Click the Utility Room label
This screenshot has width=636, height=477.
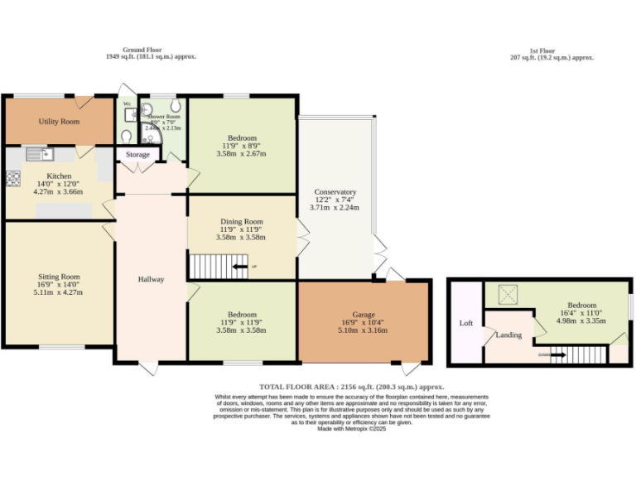coord(58,122)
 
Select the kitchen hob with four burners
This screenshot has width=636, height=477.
coord(13,177)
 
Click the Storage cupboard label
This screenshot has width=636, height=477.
coord(138,155)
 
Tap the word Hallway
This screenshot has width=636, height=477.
coord(151,279)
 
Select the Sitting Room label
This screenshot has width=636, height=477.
coord(59,277)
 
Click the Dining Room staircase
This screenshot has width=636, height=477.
coord(217,267)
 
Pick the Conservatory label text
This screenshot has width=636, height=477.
coord(335,192)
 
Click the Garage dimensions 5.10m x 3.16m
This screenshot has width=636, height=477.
coord(364,330)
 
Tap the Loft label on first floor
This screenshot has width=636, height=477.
coord(465,323)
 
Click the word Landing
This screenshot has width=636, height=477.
coord(508,335)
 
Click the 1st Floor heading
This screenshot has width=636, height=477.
coord(552,50)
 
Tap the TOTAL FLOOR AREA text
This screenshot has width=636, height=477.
coord(299,387)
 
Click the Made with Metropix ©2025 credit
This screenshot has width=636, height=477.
coord(351,429)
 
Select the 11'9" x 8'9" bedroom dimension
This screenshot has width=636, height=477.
coord(242,146)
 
